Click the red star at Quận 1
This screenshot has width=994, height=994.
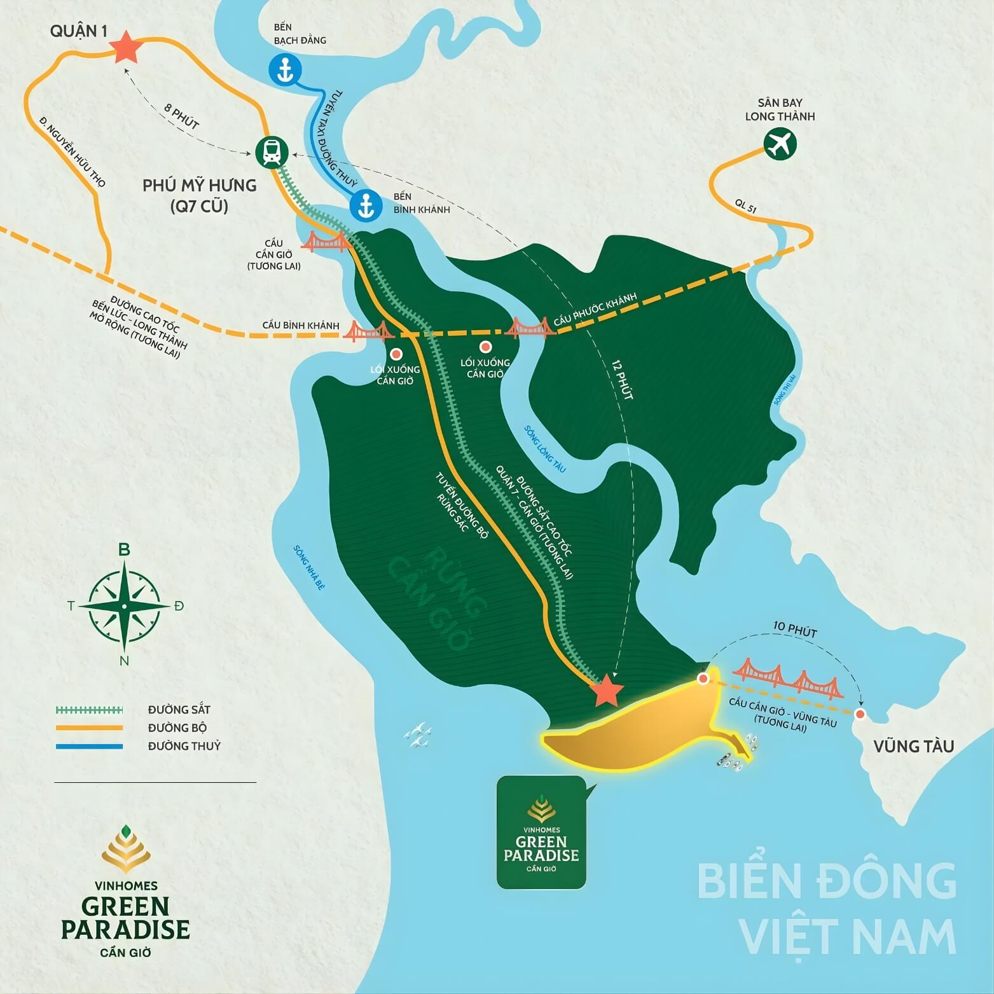(125, 48)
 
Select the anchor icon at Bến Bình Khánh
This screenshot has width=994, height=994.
(366, 205)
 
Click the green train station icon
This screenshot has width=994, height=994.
(272, 153)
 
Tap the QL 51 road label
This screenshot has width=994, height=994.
(745, 205)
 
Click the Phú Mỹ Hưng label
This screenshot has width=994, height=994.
(200, 186)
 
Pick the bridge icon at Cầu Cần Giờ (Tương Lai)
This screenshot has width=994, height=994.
(326, 242)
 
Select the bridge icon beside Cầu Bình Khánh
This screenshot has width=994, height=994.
(366, 331)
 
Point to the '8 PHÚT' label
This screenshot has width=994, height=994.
(182, 116)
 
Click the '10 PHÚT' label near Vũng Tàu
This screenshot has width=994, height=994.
(794, 630)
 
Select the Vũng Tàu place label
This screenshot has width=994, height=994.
(913, 746)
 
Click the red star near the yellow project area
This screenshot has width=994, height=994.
(606, 691)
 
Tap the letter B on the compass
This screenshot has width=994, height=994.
(125, 550)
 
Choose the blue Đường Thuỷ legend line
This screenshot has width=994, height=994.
(90, 746)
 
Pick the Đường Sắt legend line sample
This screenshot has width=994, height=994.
(90, 710)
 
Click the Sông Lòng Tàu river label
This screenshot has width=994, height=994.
(544, 449)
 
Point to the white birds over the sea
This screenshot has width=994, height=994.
(418, 735)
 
